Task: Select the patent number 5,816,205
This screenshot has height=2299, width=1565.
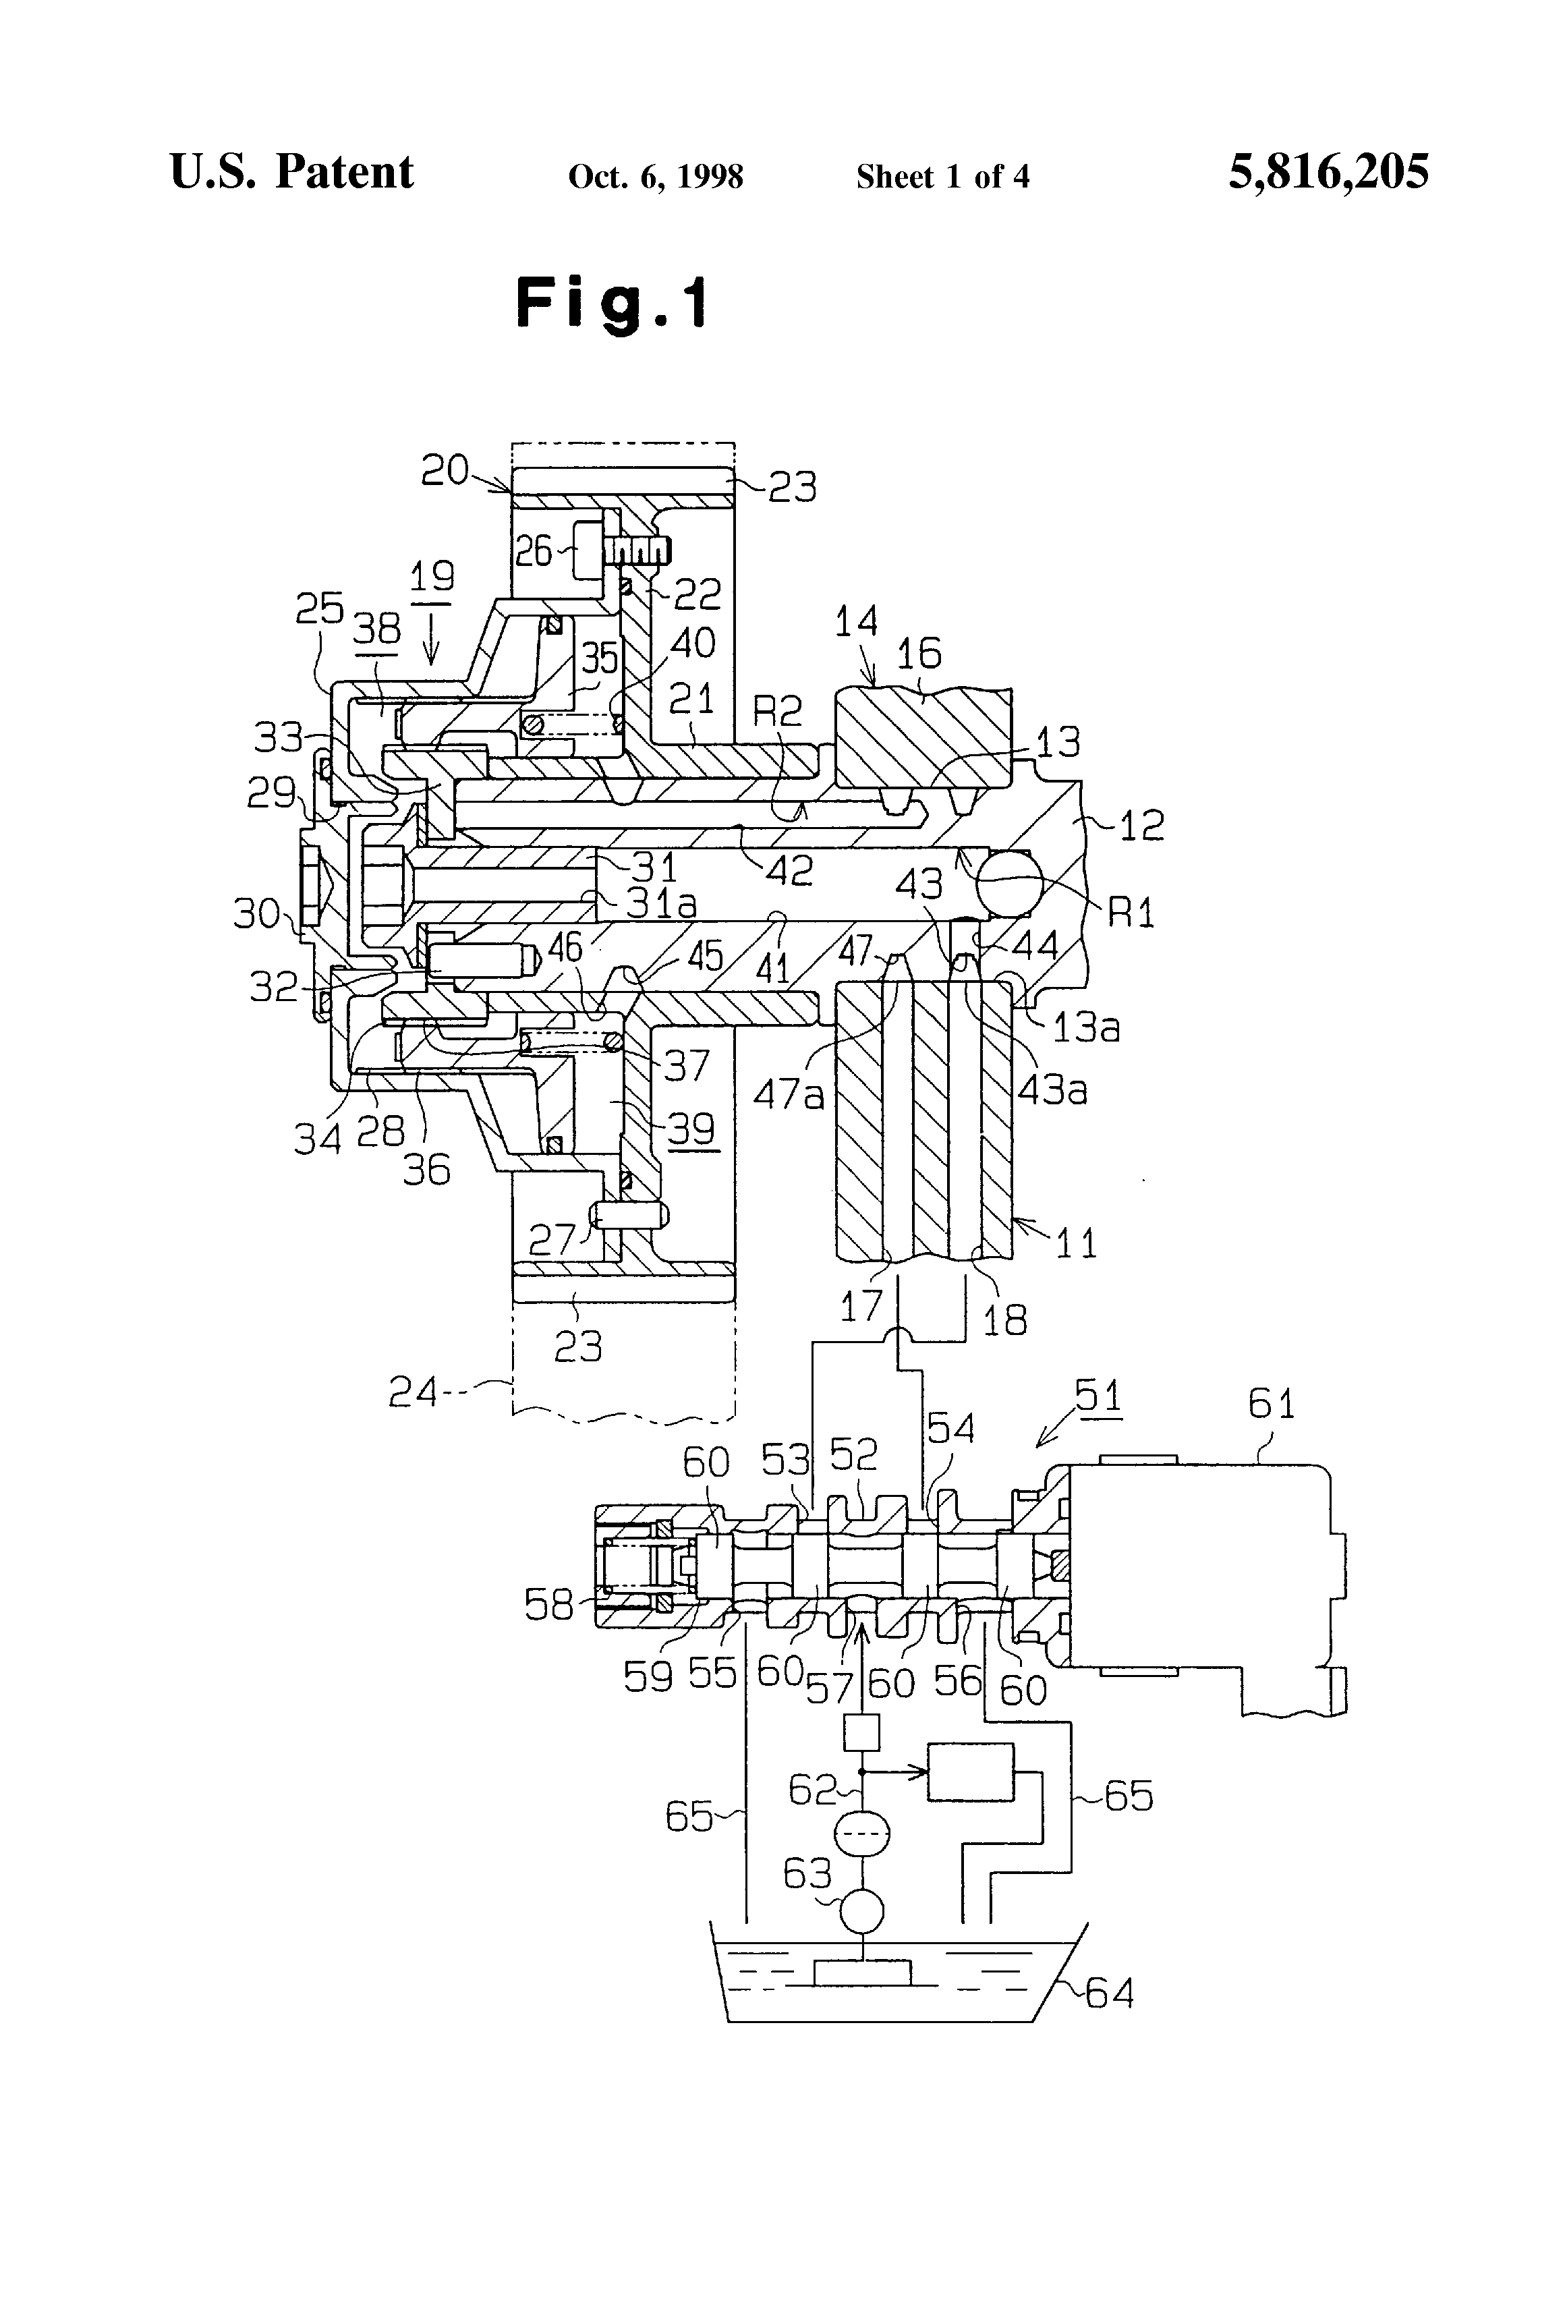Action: (x=1329, y=171)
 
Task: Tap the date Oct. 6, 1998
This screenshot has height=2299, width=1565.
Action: (x=656, y=176)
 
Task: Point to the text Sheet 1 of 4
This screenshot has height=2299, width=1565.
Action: (x=943, y=176)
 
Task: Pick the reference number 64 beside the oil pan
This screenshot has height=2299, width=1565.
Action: (x=1110, y=1992)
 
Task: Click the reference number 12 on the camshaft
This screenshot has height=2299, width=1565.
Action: (x=1141, y=824)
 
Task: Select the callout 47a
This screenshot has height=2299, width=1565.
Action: (x=789, y=1095)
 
